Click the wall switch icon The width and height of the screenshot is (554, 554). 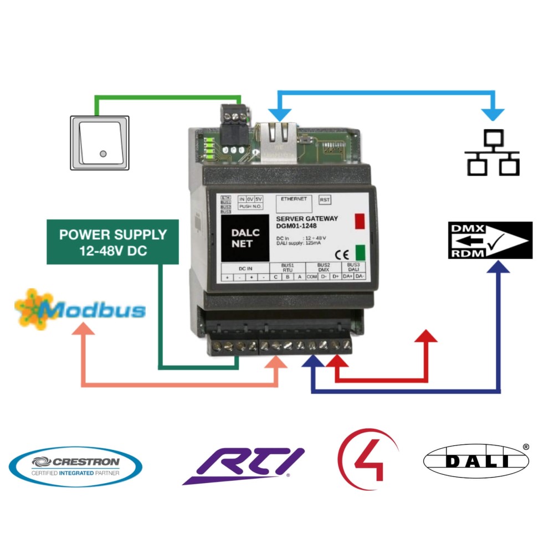coord(100,142)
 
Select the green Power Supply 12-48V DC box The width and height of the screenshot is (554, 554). coord(113,242)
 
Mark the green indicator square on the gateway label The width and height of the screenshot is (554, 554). coord(361,252)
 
